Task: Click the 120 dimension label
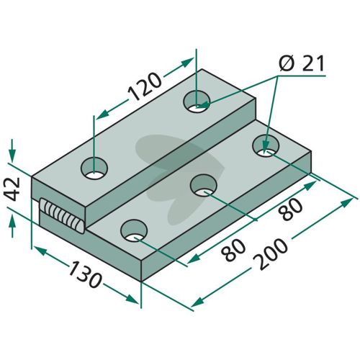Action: [x=145, y=86]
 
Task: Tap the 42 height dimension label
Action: [x=13, y=189]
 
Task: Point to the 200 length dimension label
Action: [x=271, y=254]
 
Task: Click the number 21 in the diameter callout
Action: [x=313, y=63]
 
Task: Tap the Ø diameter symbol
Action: [x=287, y=63]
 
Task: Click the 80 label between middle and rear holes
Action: [x=291, y=210]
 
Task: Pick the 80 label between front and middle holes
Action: [x=233, y=250]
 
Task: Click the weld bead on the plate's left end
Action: [x=62, y=215]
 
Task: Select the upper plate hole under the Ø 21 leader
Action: [x=197, y=102]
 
